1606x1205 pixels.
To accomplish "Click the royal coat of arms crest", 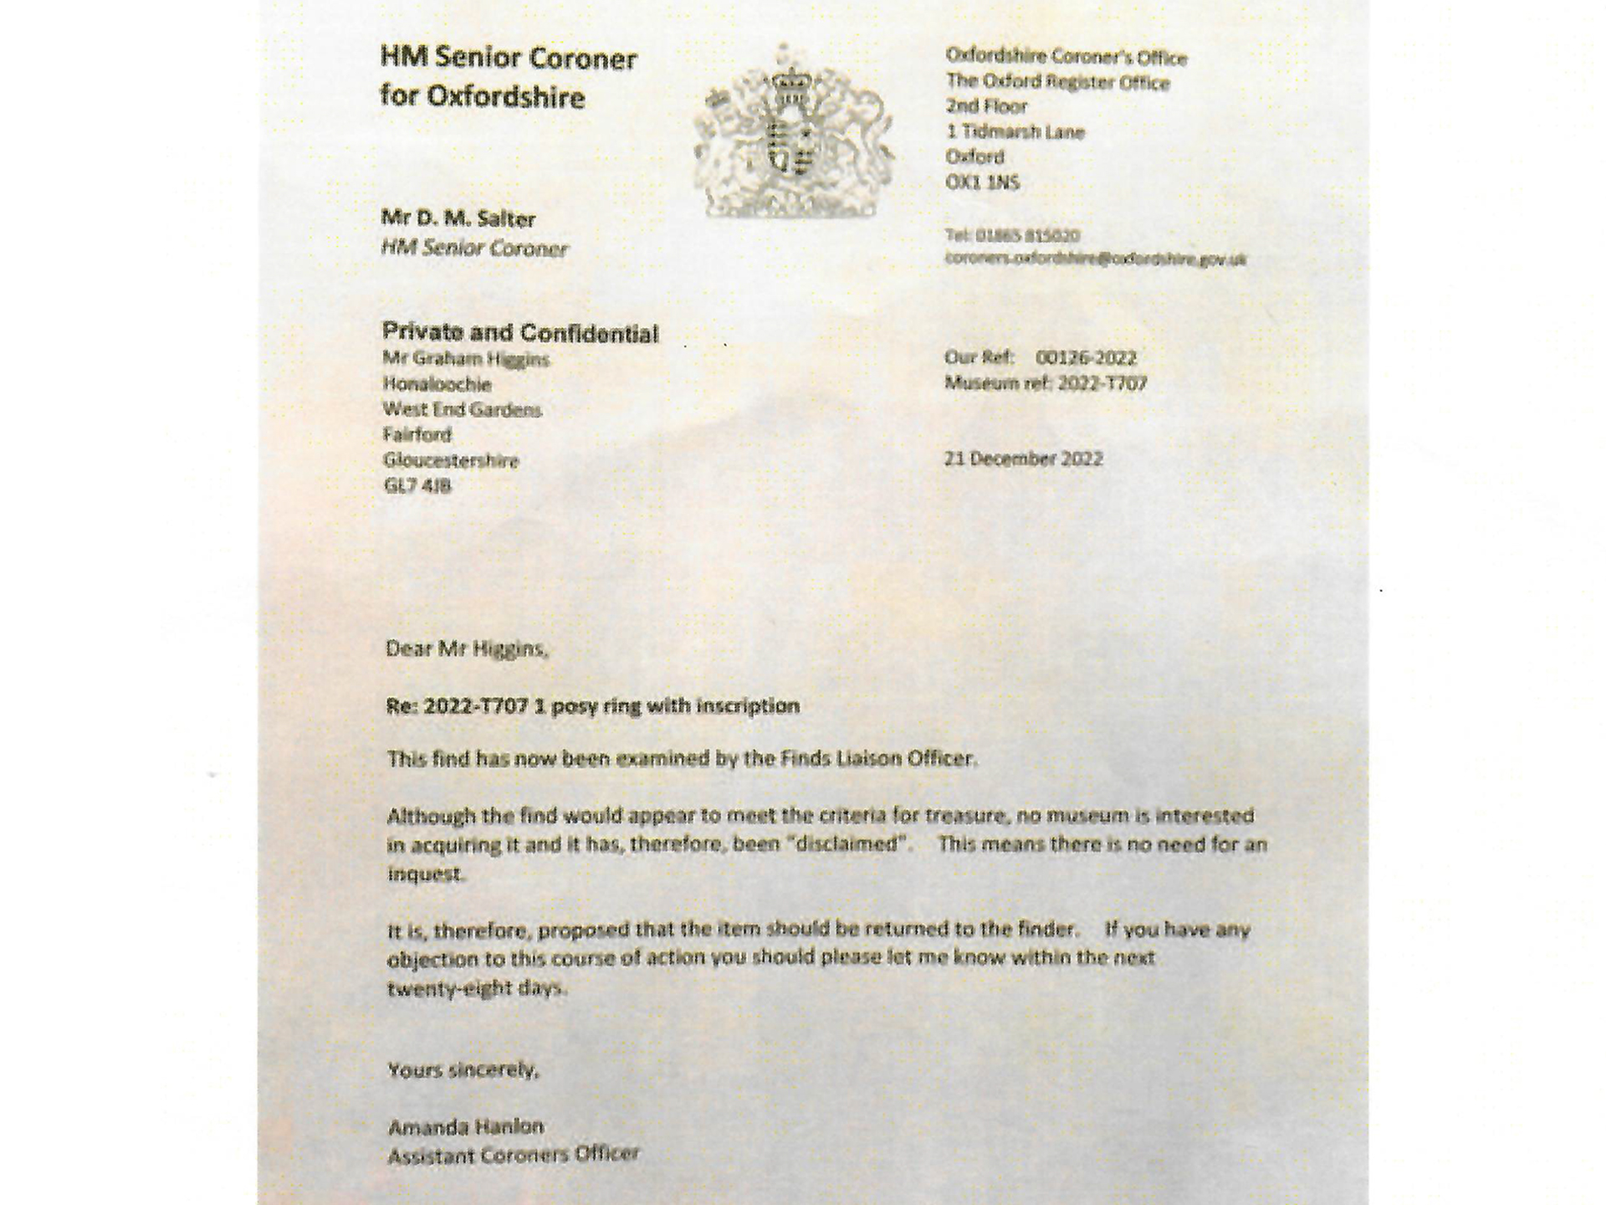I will click(793, 132).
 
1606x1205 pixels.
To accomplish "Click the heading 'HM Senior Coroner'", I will click(508, 59).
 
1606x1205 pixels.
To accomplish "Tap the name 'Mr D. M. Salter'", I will click(458, 219).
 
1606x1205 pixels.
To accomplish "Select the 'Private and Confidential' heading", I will click(519, 333).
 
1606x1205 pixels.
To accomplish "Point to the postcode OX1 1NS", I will click(982, 182).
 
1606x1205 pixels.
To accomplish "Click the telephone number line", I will click(1012, 235).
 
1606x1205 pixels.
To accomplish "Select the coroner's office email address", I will click(1095, 259).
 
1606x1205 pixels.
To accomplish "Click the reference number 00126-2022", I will click(1086, 358).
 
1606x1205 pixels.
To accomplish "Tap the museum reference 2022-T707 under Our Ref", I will click(1102, 383).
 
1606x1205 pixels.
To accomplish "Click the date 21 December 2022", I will click(1023, 459).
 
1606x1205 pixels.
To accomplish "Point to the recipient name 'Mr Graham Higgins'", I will click(466, 359).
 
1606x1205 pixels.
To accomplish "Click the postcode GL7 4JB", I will click(417, 485).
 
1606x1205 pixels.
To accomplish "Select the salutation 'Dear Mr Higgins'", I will click(466, 649).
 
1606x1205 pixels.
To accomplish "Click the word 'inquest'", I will click(425, 874).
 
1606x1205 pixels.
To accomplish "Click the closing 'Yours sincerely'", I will click(463, 1069).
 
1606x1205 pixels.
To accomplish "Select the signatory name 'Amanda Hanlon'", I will click(466, 1126).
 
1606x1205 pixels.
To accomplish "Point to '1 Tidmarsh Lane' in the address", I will click(1015, 131).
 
